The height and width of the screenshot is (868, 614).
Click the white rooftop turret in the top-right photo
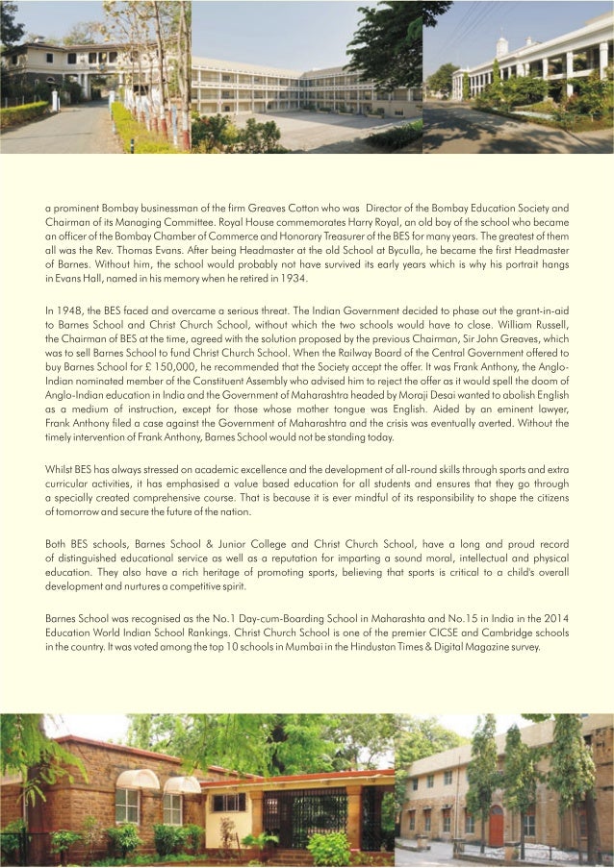tap(501, 46)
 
